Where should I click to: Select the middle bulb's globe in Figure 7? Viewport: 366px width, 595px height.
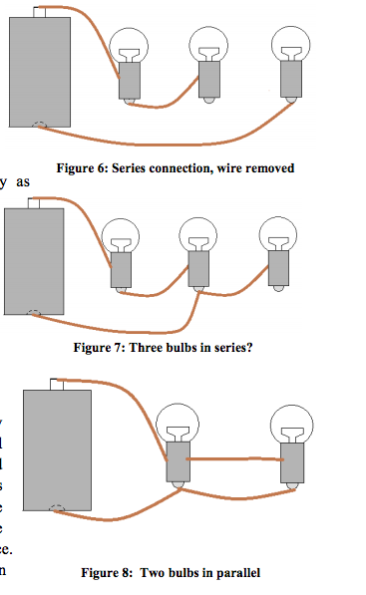[x=197, y=234]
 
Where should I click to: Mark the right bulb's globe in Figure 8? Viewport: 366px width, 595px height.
[x=292, y=423]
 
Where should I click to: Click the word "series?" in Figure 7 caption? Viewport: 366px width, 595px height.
[x=218, y=349]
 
